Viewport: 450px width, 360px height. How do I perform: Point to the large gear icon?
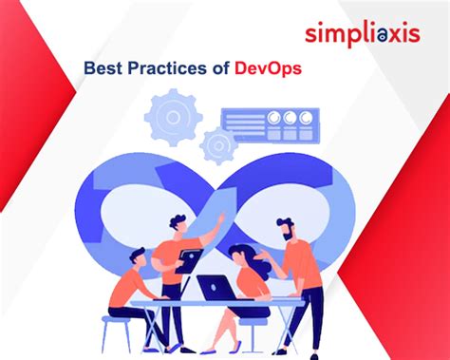(174, 117)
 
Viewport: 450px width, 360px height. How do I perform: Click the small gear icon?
(218, 144)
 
